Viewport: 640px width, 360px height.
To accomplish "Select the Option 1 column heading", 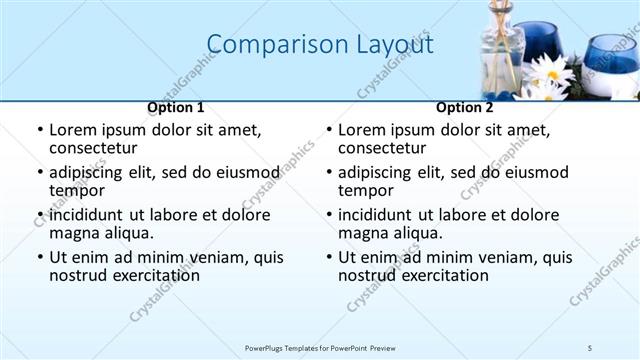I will [176, 107].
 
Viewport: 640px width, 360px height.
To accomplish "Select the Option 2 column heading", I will [465, 107].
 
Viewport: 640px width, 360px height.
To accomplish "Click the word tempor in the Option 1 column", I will [77, 190].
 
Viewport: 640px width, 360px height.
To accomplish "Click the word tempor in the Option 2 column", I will [366, 190].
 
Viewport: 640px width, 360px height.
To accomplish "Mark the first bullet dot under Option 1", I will [40, 131].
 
